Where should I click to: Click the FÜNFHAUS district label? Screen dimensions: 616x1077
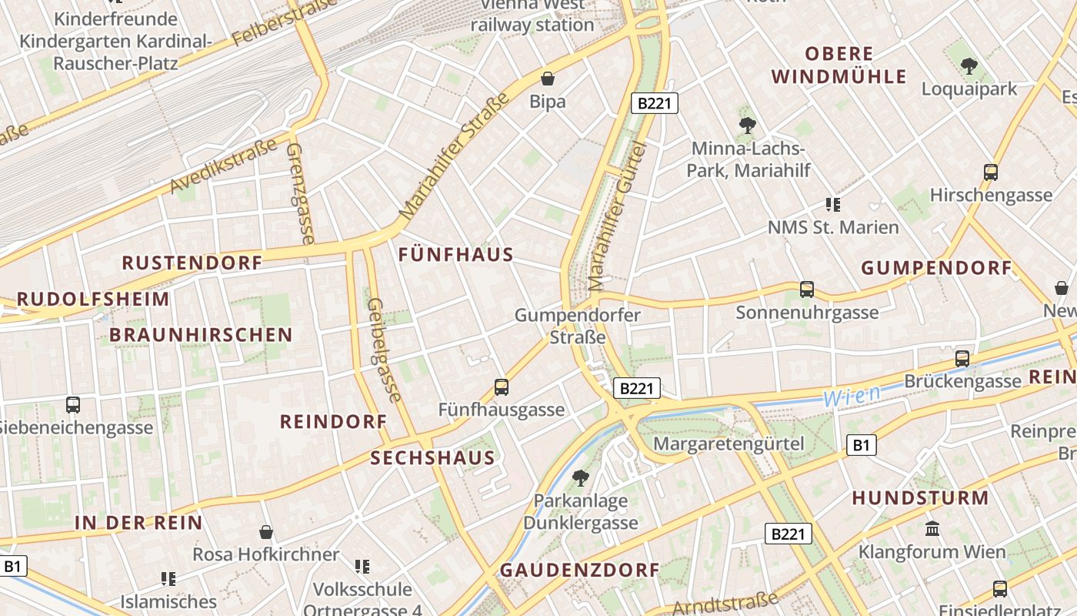(x=455, y=255)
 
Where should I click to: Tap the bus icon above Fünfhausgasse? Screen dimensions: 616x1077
(x=502, y=387)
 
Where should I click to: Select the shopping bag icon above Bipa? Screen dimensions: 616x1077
(x=548, y=78)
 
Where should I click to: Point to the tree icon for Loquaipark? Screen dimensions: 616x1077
(x=969, y=66)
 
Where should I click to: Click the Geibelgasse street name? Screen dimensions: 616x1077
(x=385, y=350)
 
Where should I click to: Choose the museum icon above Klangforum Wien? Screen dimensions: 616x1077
(x=932, y=528)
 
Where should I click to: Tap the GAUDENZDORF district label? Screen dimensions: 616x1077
(x=580, y=570)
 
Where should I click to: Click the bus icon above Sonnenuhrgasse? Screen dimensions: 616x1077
(x=807, y=289)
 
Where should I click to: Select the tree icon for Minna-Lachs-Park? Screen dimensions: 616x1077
(x=747, y=125)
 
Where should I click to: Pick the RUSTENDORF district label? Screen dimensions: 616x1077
(x=192, y=263)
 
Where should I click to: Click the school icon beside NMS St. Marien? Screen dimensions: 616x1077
(x=832, y=204)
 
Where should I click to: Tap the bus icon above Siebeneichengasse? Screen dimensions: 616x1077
(x=73, y=404)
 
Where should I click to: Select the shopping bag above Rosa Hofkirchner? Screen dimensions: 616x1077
(x=266, y=531)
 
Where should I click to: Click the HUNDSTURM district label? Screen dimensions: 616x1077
(x=920, y=497)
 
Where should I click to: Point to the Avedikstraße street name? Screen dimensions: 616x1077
(x=223, y=166)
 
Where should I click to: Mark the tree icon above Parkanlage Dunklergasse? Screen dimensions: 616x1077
(x=581, y=478)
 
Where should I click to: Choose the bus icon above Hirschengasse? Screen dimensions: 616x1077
(x=991, y=172)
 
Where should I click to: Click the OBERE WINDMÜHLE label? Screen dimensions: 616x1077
(x=839, y=65)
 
